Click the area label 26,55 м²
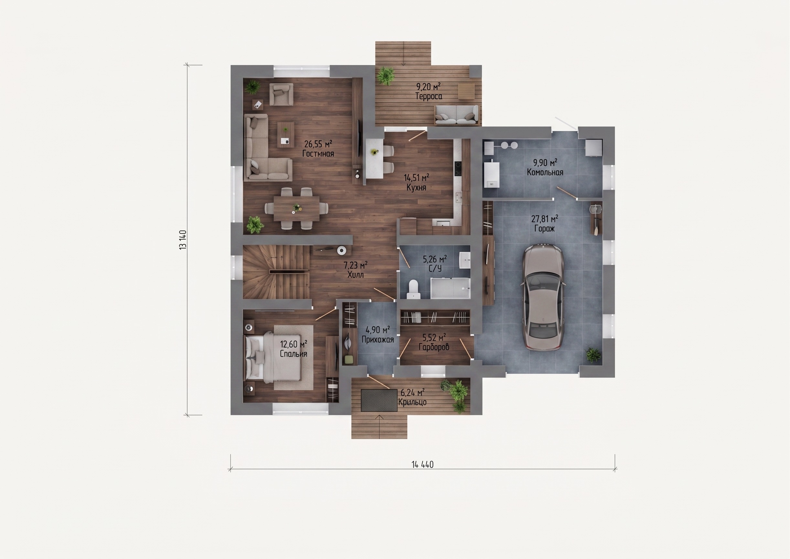point(318,144)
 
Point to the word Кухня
point(416,188)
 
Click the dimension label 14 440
point(422,465)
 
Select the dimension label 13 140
point(183,240)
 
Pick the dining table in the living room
point(296,208)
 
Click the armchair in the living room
point(281,94)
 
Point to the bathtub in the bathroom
point(450,288)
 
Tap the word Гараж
point(544,228)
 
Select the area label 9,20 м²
point(428,86)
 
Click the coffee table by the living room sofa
point(286,135)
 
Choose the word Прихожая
point(378,340)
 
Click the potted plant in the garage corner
point(593,355)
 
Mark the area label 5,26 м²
point(434,259)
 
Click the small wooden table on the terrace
point(466,91)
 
